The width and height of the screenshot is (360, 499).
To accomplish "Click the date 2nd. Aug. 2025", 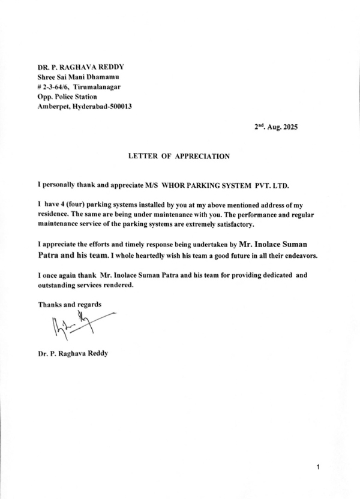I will tap(275, 127).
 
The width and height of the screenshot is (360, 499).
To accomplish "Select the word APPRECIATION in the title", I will tap(202, 156).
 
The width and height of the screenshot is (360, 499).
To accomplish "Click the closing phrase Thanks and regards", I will tap(70, 304).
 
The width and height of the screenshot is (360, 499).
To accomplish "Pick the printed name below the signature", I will tap(73, 353).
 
